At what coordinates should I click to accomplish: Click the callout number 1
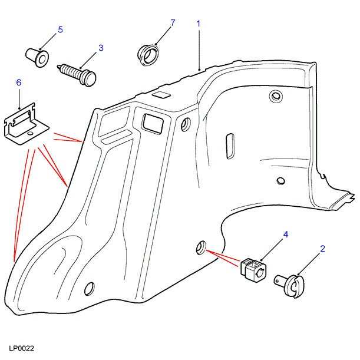click(199, 24)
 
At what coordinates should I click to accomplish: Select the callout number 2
click(322, 249)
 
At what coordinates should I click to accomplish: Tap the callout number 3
click(101, 47)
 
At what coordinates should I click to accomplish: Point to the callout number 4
click(286, 235)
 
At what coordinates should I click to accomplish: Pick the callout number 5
click(60, 29)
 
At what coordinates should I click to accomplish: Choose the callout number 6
click(18, 83)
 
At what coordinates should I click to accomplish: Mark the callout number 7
click(173, 23)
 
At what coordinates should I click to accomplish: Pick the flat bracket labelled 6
click(27, 125)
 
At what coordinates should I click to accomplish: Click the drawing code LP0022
click(21, 349)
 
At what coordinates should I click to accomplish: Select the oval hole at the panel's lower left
click(90, 288)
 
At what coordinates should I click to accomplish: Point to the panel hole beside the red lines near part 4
click(201, 247)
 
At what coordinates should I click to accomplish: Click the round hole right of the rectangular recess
click(187, 124)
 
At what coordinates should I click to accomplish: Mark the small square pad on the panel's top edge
click(160, 94)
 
